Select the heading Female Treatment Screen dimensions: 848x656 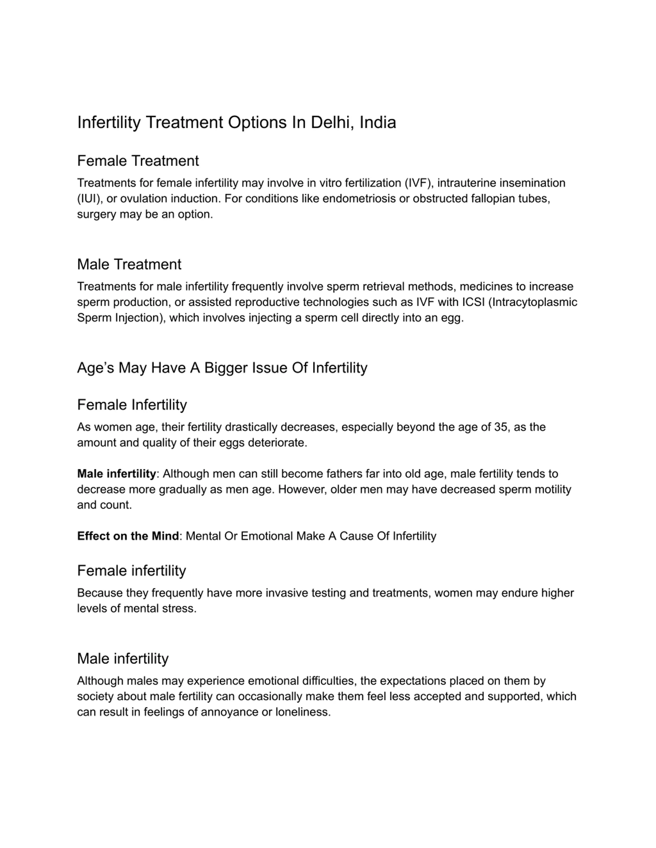(x=138, y=161)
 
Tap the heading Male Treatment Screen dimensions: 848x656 (x=129, y=264)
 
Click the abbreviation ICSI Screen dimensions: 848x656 (x=473, y=302)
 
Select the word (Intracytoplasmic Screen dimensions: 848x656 (x=532, y=302)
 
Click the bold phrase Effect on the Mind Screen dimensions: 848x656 (x=128, y=536)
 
